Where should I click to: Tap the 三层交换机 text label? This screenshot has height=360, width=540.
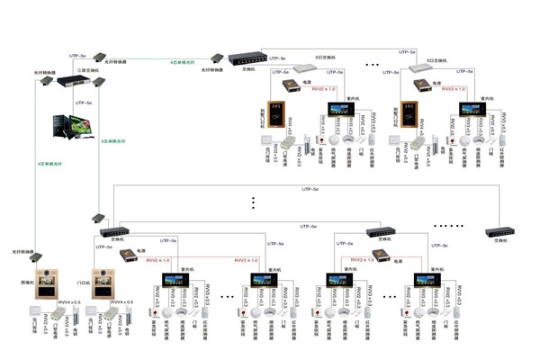(x=76, y=70)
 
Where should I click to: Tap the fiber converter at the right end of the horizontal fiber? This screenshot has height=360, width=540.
(x=217, y=59)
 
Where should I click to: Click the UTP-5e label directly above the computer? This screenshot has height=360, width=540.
(x=85, y=103)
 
